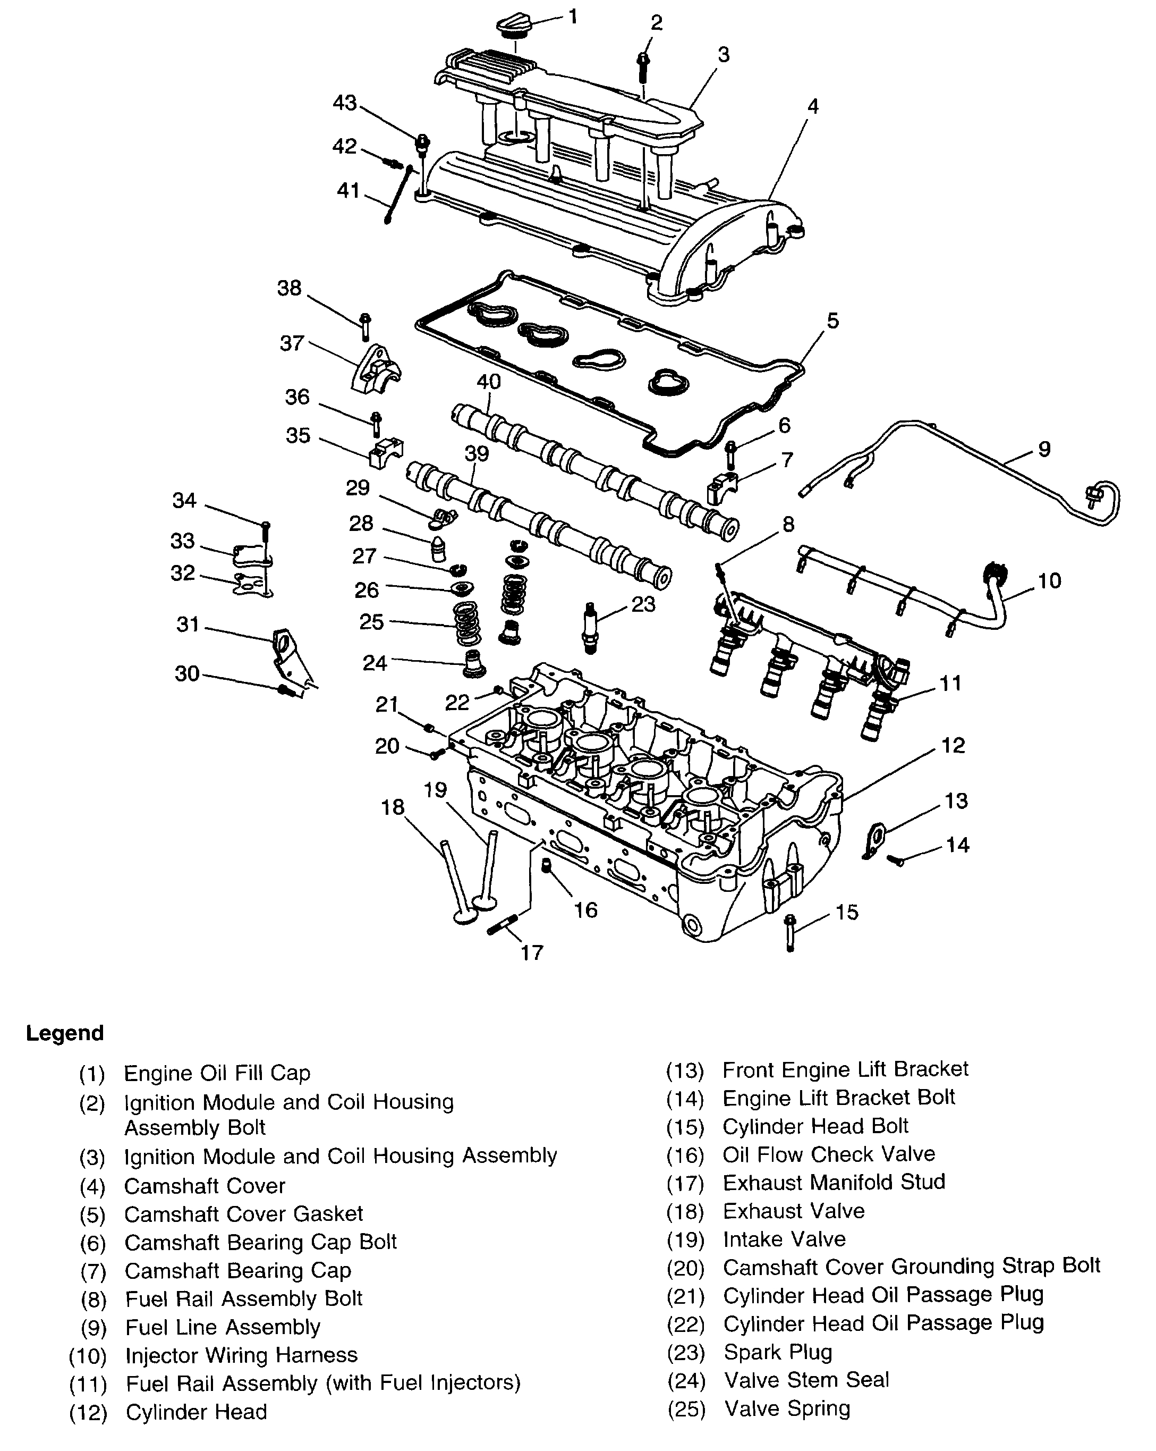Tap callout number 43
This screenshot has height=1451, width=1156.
pyautogui.click(x=345, y=103)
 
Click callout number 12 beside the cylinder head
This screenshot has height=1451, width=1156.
pyautogui.click(x=953, y=746)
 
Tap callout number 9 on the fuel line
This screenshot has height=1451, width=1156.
pyautogui.click(x=1043, y=449)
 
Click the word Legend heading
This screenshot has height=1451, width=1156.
pyautogui.click(x=65, y=1033)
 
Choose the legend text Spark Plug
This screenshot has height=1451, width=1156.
pyautogui.click(x=777, y=1352)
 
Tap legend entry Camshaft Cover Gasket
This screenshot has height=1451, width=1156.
pyautogui.click(x=244, y=1213)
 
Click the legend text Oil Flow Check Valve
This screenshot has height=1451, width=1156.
pyautogui.click(x=828, y=1154)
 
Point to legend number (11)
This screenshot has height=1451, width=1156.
pyautogui.click(x=88, y=1385)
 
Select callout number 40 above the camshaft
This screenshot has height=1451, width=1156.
pyautogui.click(x=489, y=382)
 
